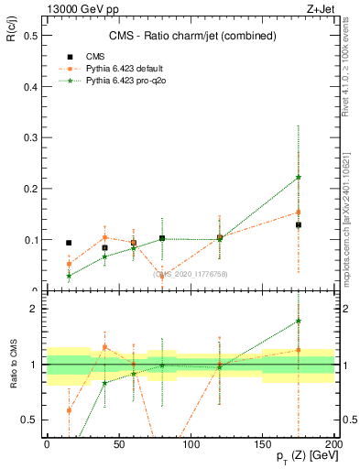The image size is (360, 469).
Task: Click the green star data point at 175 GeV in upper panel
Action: (x=299, y=177)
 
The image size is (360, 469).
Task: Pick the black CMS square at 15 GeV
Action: (x=69, y=243)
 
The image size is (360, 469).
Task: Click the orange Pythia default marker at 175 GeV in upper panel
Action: (x=299, y=213)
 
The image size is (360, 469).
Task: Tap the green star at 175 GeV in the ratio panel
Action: (x=299, y=321)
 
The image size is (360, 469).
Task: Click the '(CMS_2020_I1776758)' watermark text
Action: (x=190, y=274)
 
